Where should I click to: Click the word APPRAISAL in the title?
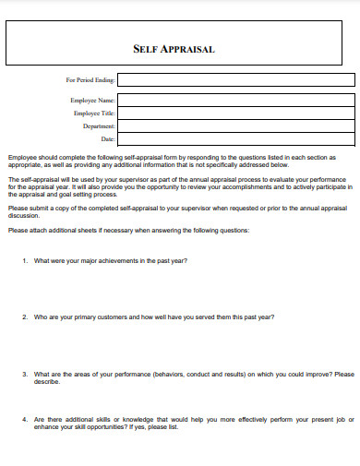coord(190,49)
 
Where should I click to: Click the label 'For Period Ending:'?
coord(90,80)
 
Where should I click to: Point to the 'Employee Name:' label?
coord(92,100)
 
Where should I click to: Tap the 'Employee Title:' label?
coord(94,113)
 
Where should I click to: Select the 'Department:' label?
coord(99,125)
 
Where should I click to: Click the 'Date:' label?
coord(107,138)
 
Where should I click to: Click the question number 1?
coord(24,261)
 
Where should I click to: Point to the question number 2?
coord(24,317)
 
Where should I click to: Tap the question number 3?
coord(24,375)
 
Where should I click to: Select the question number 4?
coord(24,419)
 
